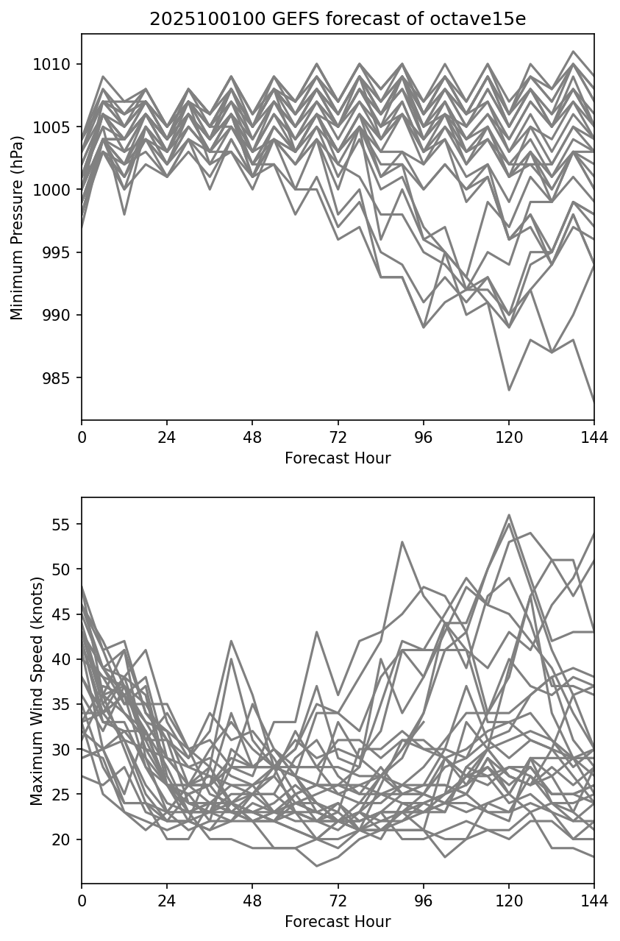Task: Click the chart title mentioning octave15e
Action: pyautogui.click(x=338, y=20)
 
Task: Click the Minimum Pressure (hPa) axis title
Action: pyautogui.click(x=17, y=227)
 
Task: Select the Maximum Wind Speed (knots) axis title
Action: pyautogui.click(x=37, y=690)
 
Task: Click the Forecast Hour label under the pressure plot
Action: pyautogui.click(x=338, y=458)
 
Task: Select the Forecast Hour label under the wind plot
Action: pyautogui.click(x=338, y=922)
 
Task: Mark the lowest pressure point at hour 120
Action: pyautogui.click(x=508, y=390)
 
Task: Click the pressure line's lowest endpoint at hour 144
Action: pyautogui.click(x=594, y=402)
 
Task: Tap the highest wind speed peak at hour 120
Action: pyautogui.click(x=508, y=515)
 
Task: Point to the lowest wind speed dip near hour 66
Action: pyautogui.click(x=316, y=866)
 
